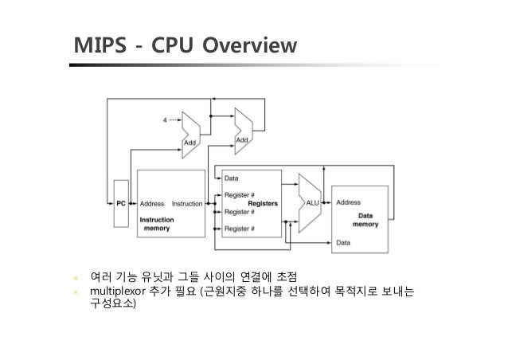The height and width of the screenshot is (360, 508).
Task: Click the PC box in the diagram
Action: pos(122,203)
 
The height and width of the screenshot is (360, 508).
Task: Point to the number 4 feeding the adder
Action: pos(165,120)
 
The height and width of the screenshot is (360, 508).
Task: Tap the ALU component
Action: pos(312,203)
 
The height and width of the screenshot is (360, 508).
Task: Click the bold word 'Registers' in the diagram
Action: pos(262,203)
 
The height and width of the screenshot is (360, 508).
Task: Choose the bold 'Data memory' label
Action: pos(365,220)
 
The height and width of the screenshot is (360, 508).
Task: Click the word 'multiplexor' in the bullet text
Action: pos(117,291)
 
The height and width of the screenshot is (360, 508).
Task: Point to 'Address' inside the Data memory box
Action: pos(348,203)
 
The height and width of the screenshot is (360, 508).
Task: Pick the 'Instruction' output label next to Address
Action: pos(188,204)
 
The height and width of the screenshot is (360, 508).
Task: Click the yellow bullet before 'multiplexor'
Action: pos(77,292)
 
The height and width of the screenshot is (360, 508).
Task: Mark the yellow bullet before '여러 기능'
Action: pos(77,277)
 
